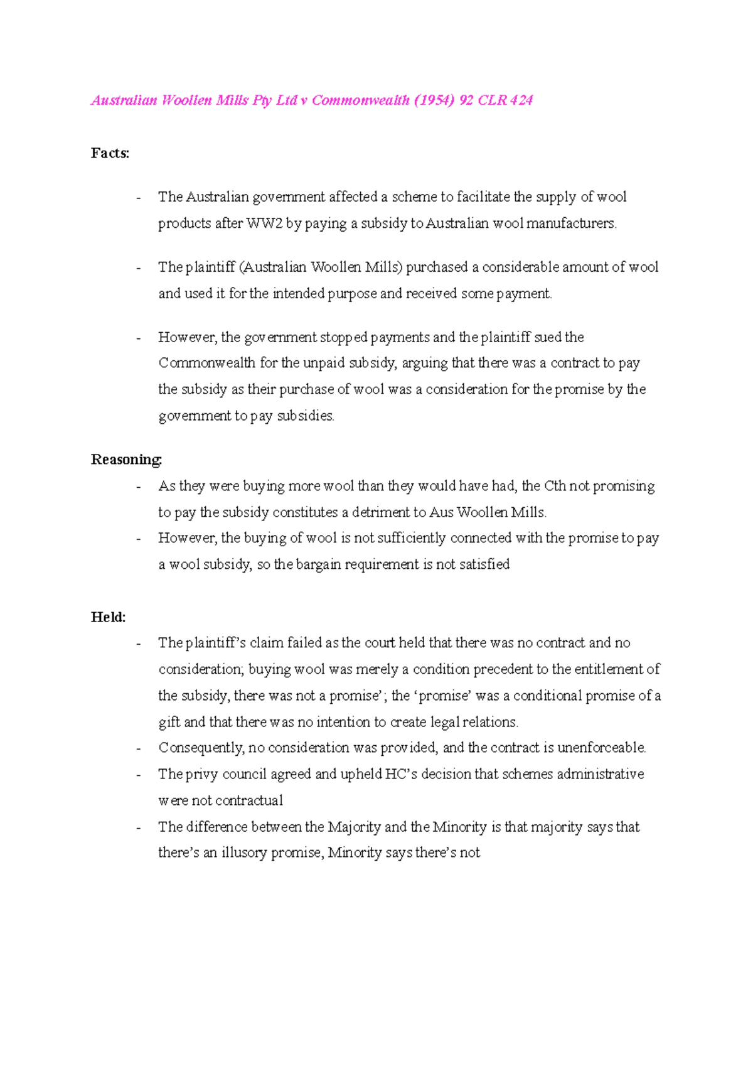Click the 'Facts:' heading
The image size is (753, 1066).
[110, 153]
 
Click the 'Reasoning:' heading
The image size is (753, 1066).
[126, 460]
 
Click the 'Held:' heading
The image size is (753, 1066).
[108, 617]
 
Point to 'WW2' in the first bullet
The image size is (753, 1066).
[264, 223]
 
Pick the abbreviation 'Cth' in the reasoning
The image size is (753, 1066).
[555, 487]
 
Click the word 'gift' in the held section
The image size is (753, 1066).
[169, 723]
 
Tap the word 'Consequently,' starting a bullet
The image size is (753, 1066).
[201, 748]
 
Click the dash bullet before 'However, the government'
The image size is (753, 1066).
[139, 338]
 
